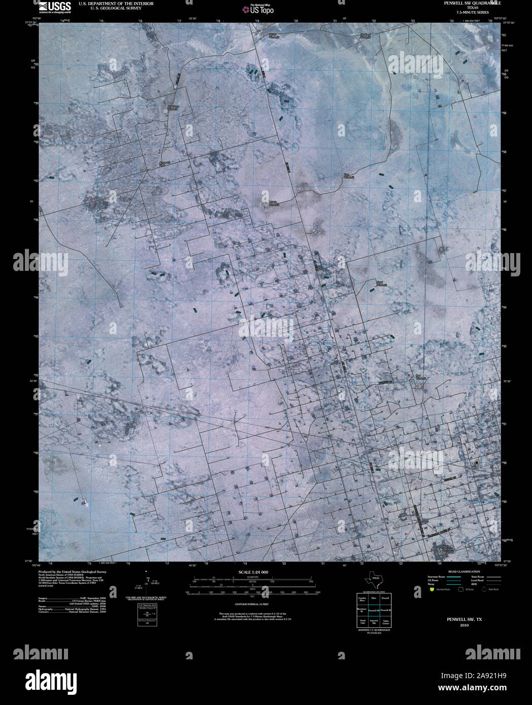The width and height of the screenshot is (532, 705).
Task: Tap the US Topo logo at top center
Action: coord(259,9)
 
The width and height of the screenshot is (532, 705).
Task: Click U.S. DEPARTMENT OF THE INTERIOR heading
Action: coord(116,4)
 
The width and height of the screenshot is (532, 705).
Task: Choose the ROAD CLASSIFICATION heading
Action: coord(461,572)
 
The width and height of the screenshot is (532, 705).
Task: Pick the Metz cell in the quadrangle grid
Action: coord(375,598)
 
